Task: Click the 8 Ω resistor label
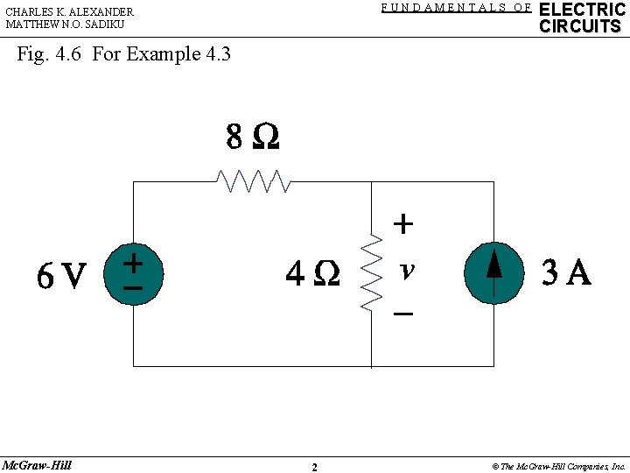pyautogui.click(x=252, y=138)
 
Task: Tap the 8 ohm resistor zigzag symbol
pyautogui.click(x=253, y=181)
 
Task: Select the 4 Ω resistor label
pyautogui.click(x=312, y=274)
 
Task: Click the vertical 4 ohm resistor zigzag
pyautogui.click(x=372, y=272)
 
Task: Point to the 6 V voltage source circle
pyautogui.click(x=133, y=273)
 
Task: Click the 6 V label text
pyautogui.click(x=62, y=277)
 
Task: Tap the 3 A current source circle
pyautogui.click(x=494, y=272)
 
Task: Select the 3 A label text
pyautogui.click(x=566, y=274)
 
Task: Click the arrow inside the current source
pyautogui.click(x=494, y=263)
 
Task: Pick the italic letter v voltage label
pyautogui.click(x=405, y=271)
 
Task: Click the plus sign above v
pyautogui.click(x=402, y=224)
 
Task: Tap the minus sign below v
pyautogui.click(x=403, y=313)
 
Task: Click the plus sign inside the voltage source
pyautogui.click(x=133, y=261)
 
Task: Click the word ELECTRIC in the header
pyautogui.click(x=582, y=10)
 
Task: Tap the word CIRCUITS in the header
pyautogui.click(x=580, y=26)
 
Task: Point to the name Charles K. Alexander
pyautogui.click(x=69, y=11)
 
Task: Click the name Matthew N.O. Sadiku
pyautogui.click(x=65, y=25)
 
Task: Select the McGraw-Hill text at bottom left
pyautogui.click(x=37, y=465)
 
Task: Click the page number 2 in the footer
pyautogui.click(x=314, y=467)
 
